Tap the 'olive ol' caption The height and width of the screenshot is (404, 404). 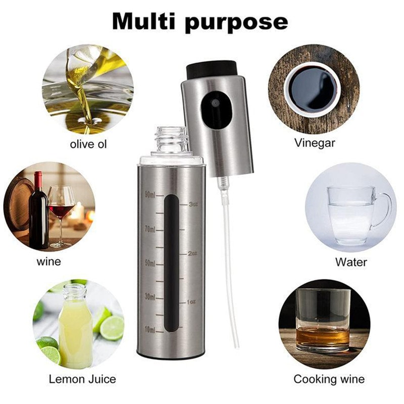coord(88,144)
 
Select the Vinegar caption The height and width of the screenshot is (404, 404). coord(315,143)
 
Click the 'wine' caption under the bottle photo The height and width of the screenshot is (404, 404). coord(48,261)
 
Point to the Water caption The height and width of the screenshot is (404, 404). coord(351,262)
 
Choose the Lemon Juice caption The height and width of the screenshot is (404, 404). coord(82,379)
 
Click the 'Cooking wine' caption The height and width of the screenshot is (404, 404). coord(329,379)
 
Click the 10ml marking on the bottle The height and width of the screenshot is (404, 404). coord(150,330)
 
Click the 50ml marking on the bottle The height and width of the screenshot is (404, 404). coord(150,263)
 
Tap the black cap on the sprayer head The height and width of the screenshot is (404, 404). coord(212,69)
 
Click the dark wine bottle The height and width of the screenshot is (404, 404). coord(38,212)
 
